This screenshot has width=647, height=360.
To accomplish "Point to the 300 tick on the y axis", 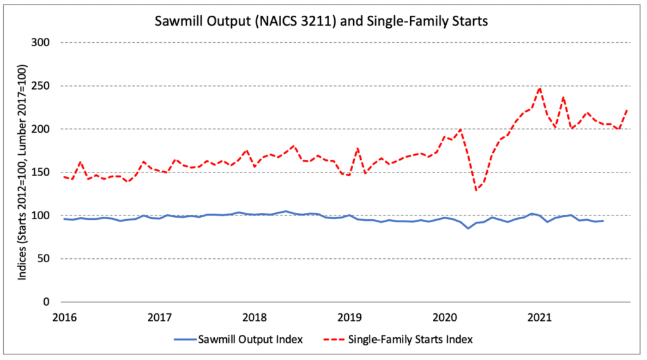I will click(42, 42).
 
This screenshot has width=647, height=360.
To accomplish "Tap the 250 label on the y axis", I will click(42, 86).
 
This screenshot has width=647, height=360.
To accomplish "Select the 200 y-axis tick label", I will click(42, 129).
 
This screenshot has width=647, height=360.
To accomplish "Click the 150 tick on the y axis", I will click(42, 172).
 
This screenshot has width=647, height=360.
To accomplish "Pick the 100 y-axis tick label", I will click(42, 215).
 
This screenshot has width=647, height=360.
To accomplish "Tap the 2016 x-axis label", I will click(64, 316).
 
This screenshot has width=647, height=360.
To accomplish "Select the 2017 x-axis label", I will click(160, 316).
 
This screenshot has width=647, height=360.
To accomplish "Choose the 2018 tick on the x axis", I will click(255, 316).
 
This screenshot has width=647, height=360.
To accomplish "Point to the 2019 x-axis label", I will click(349, 316).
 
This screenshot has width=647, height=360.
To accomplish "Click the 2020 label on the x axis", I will click(444, 316).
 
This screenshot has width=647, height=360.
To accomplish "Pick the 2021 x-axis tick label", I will click(540, 316).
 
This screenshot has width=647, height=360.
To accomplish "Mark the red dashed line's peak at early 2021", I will click(540, 88).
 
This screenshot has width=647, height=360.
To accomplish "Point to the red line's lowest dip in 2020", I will click(476, 190).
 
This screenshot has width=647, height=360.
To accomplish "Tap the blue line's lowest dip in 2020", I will click(468, 228).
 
